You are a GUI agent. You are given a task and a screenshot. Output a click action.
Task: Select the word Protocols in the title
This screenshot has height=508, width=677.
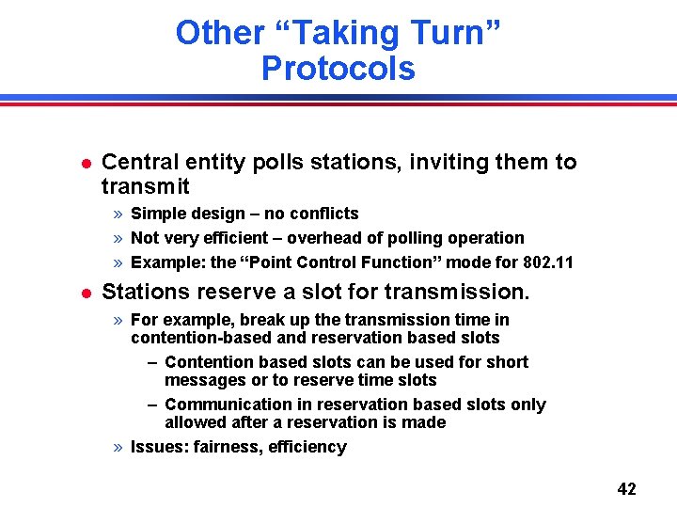[x=338, y=69]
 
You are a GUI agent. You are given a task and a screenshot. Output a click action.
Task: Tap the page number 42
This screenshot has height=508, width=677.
[x=626, y=488]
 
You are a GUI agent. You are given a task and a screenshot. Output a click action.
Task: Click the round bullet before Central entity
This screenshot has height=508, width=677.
[x=86, y=163]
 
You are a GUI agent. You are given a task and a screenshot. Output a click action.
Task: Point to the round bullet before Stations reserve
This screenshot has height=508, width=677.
[x=86, y=294]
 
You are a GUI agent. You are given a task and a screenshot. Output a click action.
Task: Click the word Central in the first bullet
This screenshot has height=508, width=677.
[x=137, y=162]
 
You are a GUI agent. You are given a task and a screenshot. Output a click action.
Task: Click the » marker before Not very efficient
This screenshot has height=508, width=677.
[x=119, y=238]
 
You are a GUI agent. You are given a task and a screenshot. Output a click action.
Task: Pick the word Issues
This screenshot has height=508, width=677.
[x=158, y=447]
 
